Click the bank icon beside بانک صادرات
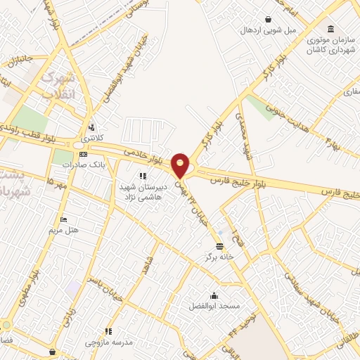coord(83,154)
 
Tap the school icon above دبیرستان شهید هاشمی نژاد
coord(142,176)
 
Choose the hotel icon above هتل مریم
coord(64,219)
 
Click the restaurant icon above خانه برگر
coord(221,245)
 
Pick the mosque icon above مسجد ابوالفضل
coord(214,295)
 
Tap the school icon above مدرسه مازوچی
coord(108,330)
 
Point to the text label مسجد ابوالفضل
coord(214,307)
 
